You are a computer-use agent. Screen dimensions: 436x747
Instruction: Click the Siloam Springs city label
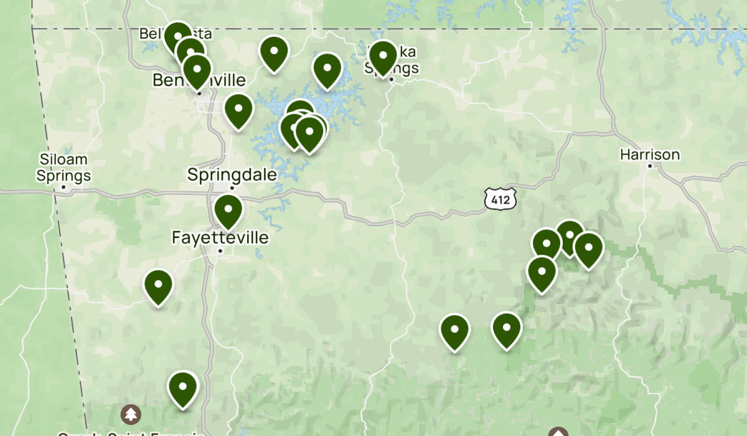pyautogui.click(x=63, y=168)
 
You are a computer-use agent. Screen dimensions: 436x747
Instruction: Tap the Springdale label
pyautogui.click(x=232, y=174)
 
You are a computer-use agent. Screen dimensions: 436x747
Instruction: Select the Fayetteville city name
pyautogui.click(x=220, y=237)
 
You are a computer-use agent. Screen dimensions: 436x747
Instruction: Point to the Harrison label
pyautogui.click(x=650, y=154)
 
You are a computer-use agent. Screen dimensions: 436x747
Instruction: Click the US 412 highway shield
pyautogui.click(x=500, y=199)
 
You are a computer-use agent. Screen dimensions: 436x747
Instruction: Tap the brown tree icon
pyautogui.click(x=131, y=414)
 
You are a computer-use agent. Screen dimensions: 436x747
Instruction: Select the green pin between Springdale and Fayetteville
pyautogui.click(x=228, y=211)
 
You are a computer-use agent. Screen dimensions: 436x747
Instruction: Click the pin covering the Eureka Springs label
pyautogui.click(x=383, y=56)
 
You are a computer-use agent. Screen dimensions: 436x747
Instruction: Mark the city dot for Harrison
pyautogui.click(x=650, y=166)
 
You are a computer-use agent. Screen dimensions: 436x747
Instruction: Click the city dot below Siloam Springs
pyautogui.click(x=63, y=186)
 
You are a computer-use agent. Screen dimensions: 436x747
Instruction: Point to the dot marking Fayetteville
pyautogui.click(x=220, y=251)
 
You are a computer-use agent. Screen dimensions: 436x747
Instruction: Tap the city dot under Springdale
pyautogui.click(x=232, y=187)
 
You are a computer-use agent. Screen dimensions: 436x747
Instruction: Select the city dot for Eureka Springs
pyautogui.click(x=392, y=79)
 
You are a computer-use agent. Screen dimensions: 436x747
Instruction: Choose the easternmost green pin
pyautogui.click(x=588, y=248)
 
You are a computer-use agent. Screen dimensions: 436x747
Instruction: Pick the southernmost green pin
pyautogui.click(x=183, y=387)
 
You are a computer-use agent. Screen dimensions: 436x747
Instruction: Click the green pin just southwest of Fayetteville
pyautogui.click(x=158, y=285)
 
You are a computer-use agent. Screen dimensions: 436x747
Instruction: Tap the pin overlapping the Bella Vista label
pyautogui.click(x=178, y=37)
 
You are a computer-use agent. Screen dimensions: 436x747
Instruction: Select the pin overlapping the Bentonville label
pyautogui.click(x=197, y=70)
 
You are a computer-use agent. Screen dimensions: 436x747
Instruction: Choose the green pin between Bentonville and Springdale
pyautogui.click(x=238, y=110)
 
